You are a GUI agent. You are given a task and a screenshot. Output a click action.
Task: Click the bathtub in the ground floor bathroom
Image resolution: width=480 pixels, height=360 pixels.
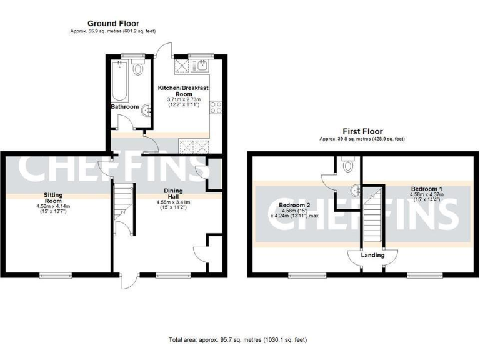pos(121,81)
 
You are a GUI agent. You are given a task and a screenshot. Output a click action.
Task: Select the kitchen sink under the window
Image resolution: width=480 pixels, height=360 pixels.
pos(201,64)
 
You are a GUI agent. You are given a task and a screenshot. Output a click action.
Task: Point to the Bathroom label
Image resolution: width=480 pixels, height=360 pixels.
pos(124,107)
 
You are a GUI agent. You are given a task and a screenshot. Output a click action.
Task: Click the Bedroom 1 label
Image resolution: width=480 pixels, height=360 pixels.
pos(426,189)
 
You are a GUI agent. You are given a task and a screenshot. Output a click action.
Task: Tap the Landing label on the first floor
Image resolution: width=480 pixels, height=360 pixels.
pos(372,255)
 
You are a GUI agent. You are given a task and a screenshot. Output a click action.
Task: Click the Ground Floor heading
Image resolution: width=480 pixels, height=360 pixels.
pos(113,23)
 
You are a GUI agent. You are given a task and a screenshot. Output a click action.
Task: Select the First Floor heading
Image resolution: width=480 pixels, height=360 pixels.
pos(362,131)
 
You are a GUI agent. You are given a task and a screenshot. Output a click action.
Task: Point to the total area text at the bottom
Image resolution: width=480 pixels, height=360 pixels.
pos(237,340)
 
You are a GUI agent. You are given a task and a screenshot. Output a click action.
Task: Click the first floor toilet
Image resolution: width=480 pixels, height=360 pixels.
pos(349,164)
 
